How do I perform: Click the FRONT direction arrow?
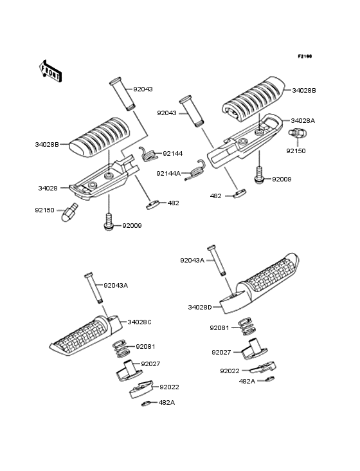coord(50,71)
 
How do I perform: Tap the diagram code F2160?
coord(305,56)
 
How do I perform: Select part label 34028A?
coord(303,121)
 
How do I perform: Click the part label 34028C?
coord(139,322)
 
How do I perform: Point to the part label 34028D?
coord(200,308)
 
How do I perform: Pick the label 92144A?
coord(168,173)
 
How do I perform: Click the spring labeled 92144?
coord(148,154)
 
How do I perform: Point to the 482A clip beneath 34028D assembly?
coord(270,378)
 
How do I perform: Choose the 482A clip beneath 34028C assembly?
coord(146,403)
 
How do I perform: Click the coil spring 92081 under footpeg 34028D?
coord(247,327)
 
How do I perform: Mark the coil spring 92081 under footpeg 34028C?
coord(122,349)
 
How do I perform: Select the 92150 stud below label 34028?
coord(69,212)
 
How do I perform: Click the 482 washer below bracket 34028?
coord(154,205)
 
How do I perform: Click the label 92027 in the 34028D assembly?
coord(221,353)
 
